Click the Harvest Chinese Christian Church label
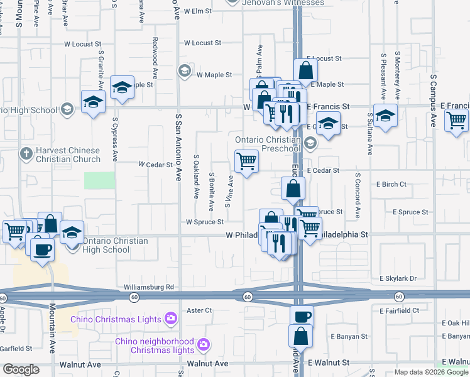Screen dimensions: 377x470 pos(68,155)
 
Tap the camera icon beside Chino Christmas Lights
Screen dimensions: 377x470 pos(170,319)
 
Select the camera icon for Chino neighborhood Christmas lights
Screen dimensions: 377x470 pos(203,344)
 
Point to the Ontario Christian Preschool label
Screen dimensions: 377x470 pos(268,144)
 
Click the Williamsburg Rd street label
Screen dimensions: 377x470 pos(149,287)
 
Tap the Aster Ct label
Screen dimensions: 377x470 pos(199,310)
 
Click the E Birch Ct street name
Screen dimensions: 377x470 pos(391,184)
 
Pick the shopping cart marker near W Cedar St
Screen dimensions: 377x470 pos(246,161)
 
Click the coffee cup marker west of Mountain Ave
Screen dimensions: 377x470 pos(42,248)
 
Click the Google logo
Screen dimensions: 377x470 pos(21,369)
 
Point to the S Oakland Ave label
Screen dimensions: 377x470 pos(197,174)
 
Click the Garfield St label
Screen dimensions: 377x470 pos(16,348)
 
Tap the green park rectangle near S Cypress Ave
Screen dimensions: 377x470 pos(100,180)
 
